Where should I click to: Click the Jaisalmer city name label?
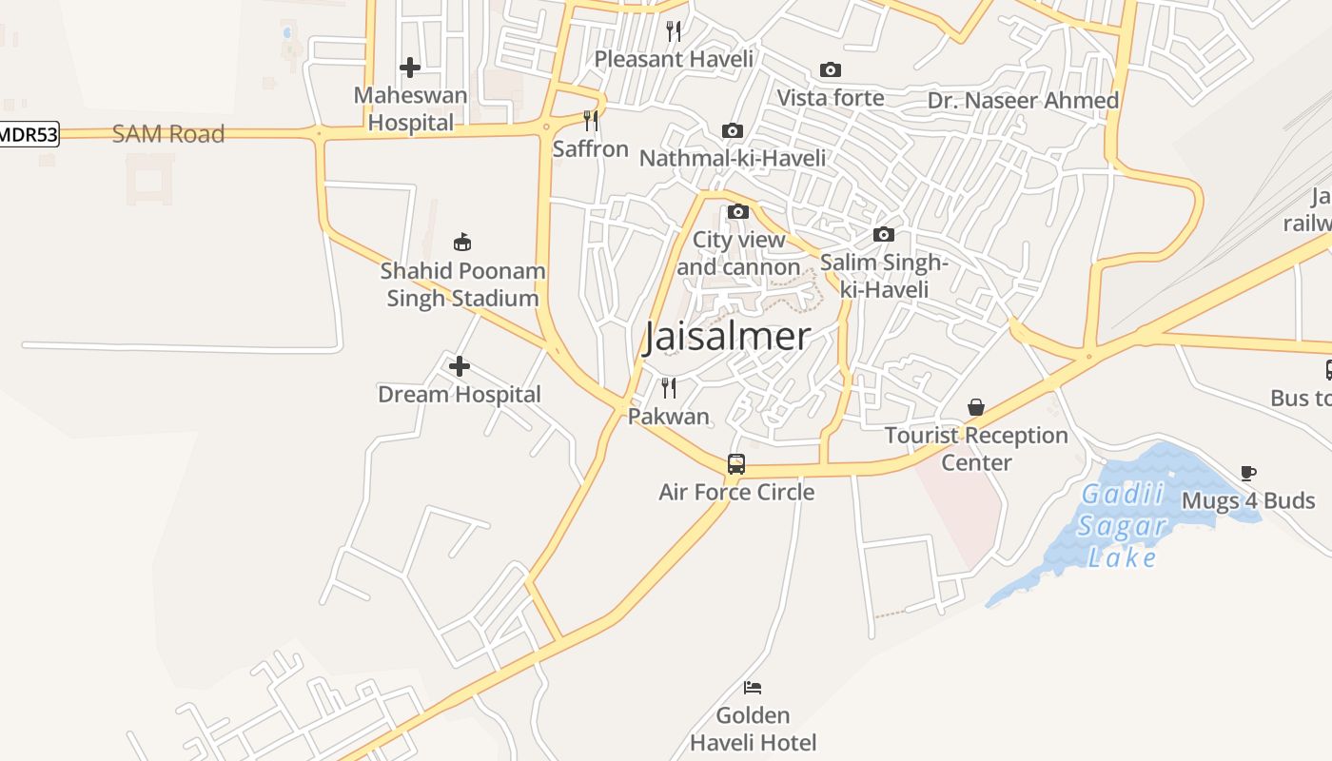727,338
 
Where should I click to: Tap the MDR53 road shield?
29,134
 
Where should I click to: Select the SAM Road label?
168,134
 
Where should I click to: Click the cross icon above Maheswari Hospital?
410,68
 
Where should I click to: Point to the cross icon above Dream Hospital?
460,366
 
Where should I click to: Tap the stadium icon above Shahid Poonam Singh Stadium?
462,243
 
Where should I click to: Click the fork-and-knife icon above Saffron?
591,121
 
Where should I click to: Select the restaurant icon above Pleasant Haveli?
674,31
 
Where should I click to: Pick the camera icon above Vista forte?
831,70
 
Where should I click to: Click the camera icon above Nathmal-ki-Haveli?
732,131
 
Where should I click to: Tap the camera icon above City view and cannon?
738,212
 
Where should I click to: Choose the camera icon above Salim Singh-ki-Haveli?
884,235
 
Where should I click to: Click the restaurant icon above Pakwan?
669,387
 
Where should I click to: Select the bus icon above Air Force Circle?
736,464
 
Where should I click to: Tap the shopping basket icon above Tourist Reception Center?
976,407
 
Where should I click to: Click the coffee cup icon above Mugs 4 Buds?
1248,473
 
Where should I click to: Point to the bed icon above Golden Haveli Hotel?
753,687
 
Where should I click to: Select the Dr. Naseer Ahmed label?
1023,101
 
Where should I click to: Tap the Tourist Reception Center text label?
976,449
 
